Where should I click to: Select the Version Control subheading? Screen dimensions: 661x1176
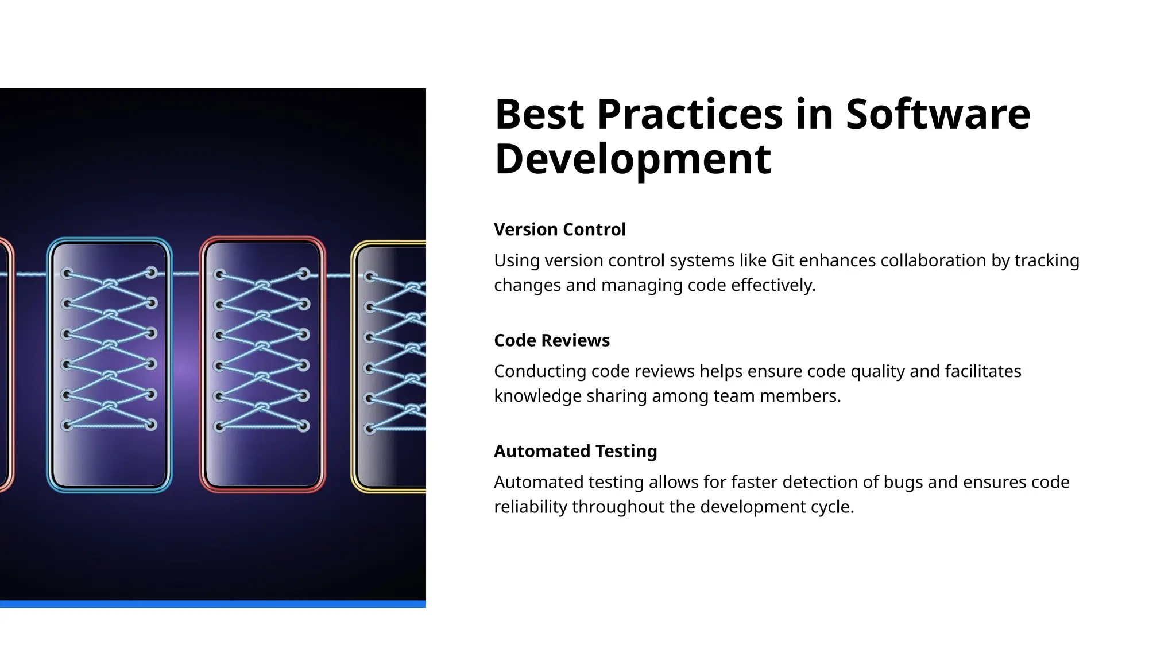point(559,230)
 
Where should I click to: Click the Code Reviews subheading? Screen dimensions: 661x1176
point(551,340)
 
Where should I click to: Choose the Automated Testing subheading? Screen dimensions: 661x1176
point(575,451)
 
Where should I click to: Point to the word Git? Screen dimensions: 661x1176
point(783,260)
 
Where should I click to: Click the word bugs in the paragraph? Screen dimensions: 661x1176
point(903,482)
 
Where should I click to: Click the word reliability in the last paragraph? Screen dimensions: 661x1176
point(530,507)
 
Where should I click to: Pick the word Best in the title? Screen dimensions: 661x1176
point(539,114)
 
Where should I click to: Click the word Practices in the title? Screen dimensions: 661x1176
point(690,114)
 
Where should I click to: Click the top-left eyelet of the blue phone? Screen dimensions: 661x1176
point(67,273)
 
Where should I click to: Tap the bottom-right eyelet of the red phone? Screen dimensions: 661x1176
point(304,426)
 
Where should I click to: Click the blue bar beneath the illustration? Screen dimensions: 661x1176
point(212,604)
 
